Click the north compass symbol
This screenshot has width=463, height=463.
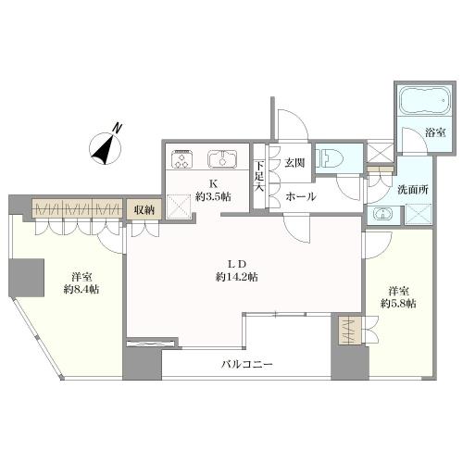click(x=106, y=146)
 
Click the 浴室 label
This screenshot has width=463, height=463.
click(x=435, y=133)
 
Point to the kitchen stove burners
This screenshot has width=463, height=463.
click(x=183, y=159)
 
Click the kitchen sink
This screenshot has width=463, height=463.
click(x=222, y=159)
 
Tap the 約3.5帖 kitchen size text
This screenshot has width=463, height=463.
click(x=213, y=196)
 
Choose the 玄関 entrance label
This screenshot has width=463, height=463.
click(x=295, y=163)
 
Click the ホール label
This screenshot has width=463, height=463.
click(x=301, y=196)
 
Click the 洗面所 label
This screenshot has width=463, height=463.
click(x=413, y=190)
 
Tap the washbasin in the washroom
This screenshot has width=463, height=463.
click(x=382, y=214)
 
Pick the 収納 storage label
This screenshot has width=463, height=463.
click(x=144, y=210)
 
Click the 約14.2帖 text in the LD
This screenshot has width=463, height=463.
click(x=237, y=277)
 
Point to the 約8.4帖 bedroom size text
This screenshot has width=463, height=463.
click(x=81, y=289)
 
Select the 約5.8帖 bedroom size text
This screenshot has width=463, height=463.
click(x=398, y=304)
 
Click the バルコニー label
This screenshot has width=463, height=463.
click(x=247, y=365)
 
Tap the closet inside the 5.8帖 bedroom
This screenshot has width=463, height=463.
click(x=350, y=331)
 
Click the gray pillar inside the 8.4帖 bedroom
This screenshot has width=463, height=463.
click(x=26, y=278)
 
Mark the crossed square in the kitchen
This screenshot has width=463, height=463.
click(x=179, y=206)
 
